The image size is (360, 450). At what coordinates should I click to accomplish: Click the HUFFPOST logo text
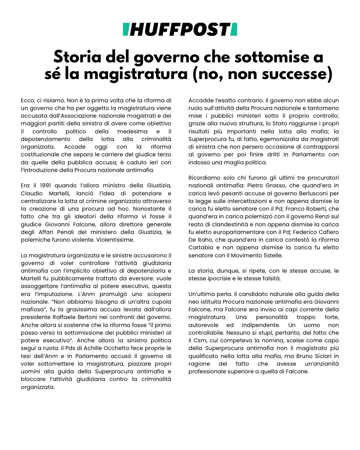[x=180, y=30]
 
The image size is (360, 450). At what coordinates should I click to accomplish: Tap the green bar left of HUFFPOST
[x=126, y=30]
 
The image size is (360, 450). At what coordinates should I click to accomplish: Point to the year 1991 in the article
[x=46, y=186]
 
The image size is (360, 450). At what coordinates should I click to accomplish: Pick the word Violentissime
[x=114, y=240]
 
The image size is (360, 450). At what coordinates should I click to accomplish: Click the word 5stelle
[x=270, y=255]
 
